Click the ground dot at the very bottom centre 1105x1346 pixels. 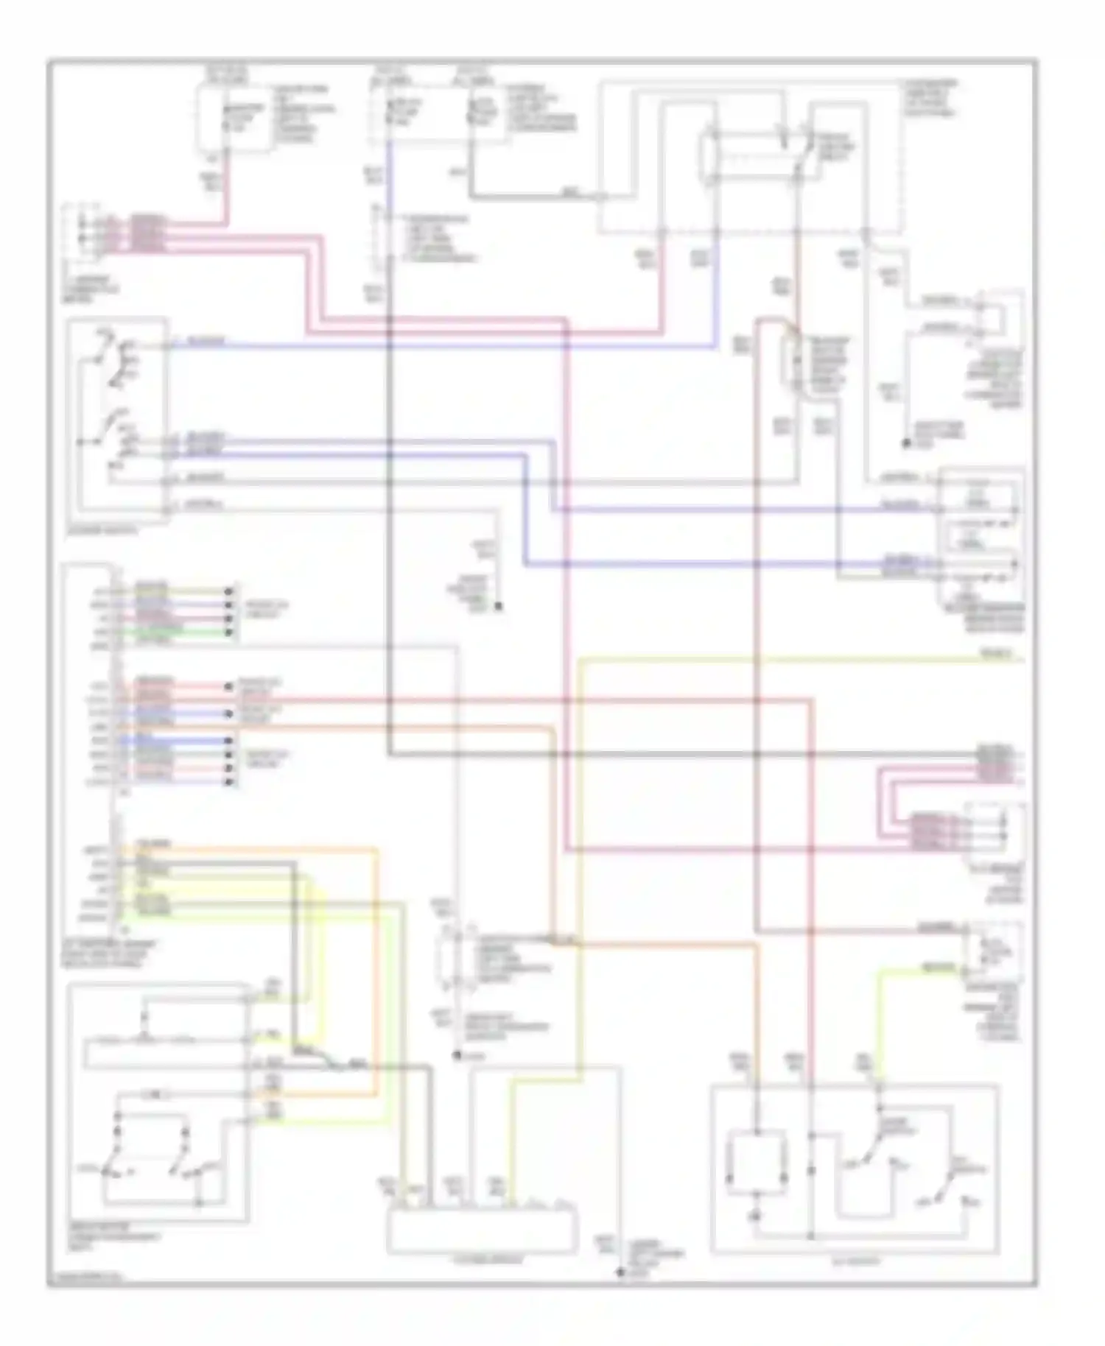pyautogui.click(x=621, y=1272)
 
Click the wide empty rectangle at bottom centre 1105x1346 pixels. pyautogui.click(x=482, y=1230)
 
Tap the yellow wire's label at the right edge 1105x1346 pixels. pyautogui.click(x=998, y=654)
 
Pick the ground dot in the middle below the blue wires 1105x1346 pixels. pyautogui.click(x=499, y=607)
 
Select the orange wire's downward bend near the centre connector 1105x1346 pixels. pyautogui.click(x=552, y=751)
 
